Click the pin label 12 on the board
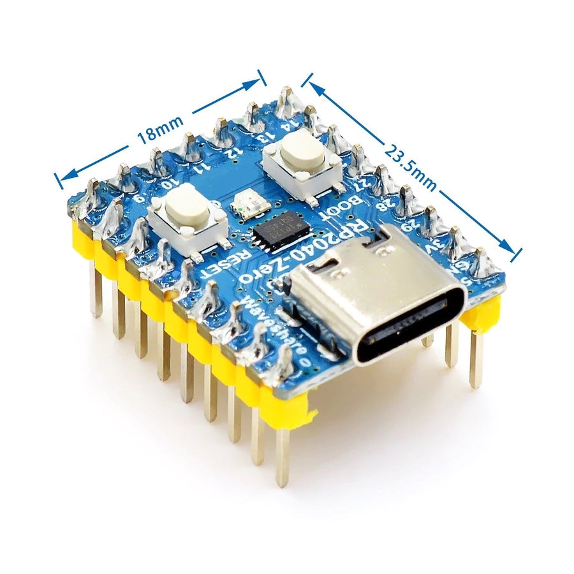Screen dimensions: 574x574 tap(234, 152)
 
